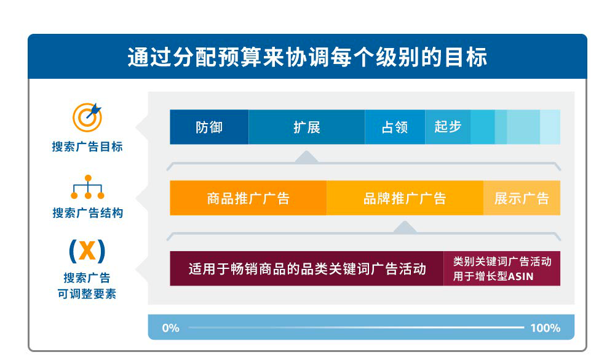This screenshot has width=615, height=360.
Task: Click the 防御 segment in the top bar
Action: [x=209, y=127]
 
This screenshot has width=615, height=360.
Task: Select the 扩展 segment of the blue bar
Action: [x=307, y=127]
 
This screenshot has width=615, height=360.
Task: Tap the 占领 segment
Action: [x=395, y=127]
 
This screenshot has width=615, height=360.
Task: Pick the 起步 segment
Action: [x=448, y=127]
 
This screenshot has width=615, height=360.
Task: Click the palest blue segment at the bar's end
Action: [x=550, y=127]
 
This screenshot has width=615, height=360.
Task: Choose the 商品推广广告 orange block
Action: [x=248, y=198]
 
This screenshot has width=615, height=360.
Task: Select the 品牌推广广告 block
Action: [x=405, y=198]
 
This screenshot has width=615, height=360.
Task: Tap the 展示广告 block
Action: [x=522, y=198]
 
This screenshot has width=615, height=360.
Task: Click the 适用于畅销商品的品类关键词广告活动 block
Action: [x=307, y=268]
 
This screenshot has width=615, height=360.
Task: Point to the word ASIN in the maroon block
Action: [x=521, y=276]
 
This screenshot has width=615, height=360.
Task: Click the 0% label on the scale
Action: [x=170, y=328]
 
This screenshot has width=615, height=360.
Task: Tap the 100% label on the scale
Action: [x=545, y=328]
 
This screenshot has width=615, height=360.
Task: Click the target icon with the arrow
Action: [x=87, y=117]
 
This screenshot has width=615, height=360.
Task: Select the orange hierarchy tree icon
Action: [x=88, y=187]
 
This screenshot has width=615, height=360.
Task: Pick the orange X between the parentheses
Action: [x=87, y=250]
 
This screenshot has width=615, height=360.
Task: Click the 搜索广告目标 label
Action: [x=87, y=146]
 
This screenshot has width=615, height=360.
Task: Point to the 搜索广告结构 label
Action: [x=87, y=213]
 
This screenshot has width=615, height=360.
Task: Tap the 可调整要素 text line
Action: [x=87, y=294]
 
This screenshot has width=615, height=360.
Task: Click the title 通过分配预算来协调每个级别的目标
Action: [x=307, y=57]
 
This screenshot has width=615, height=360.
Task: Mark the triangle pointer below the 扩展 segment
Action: [x=307, y=157]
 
